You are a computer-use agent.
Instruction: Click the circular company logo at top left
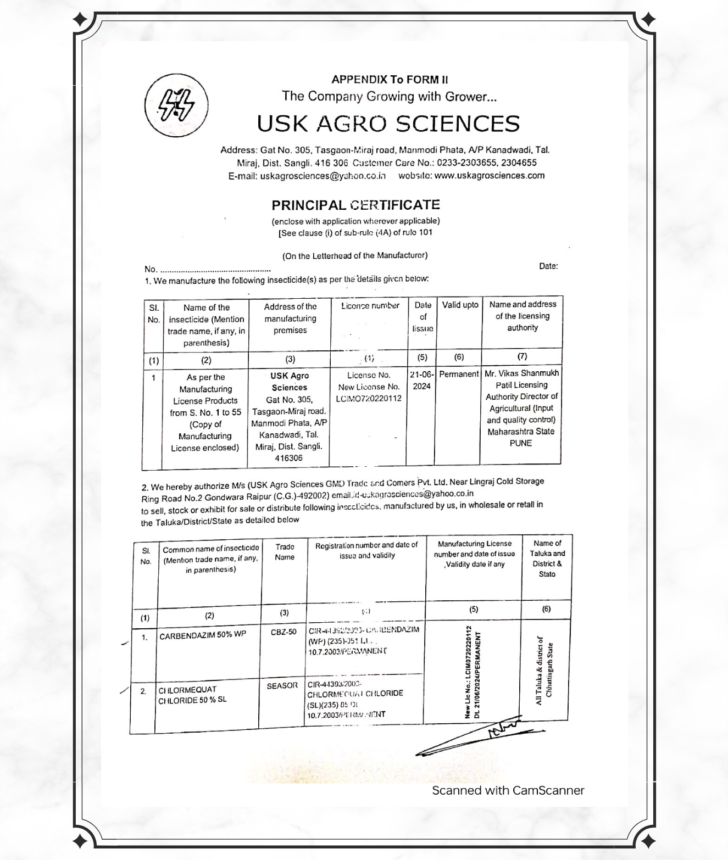click(176, 104)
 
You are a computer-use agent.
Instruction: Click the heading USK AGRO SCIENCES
click(388, 124)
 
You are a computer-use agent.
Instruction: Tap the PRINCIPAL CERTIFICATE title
click(355, 205)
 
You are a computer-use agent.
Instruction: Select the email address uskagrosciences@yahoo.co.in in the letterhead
click(323, 176)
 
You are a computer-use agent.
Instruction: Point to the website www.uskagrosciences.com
click(489, 175)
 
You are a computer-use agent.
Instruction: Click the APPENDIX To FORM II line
click(390, 79)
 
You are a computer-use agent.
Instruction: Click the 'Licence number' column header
click(370, 306)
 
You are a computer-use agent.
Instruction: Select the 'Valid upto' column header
click(460, 305)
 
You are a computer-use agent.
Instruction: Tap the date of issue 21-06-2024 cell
click(421, 380)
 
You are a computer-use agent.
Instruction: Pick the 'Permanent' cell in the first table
click(459, 374)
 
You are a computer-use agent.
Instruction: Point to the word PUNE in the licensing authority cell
click(521, 443)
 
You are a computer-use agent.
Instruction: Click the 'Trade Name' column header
click(285, 552)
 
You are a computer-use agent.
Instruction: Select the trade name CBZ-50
click(284, 632)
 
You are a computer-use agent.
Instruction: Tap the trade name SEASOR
click(282, 685)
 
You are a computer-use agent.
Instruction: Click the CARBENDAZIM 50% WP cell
click(203, 635)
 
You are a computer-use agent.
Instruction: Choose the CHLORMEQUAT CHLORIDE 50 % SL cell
click(192, 695)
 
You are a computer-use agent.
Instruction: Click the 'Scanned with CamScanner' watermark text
click(508, 790)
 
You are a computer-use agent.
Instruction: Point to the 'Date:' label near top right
click(548, 266)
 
